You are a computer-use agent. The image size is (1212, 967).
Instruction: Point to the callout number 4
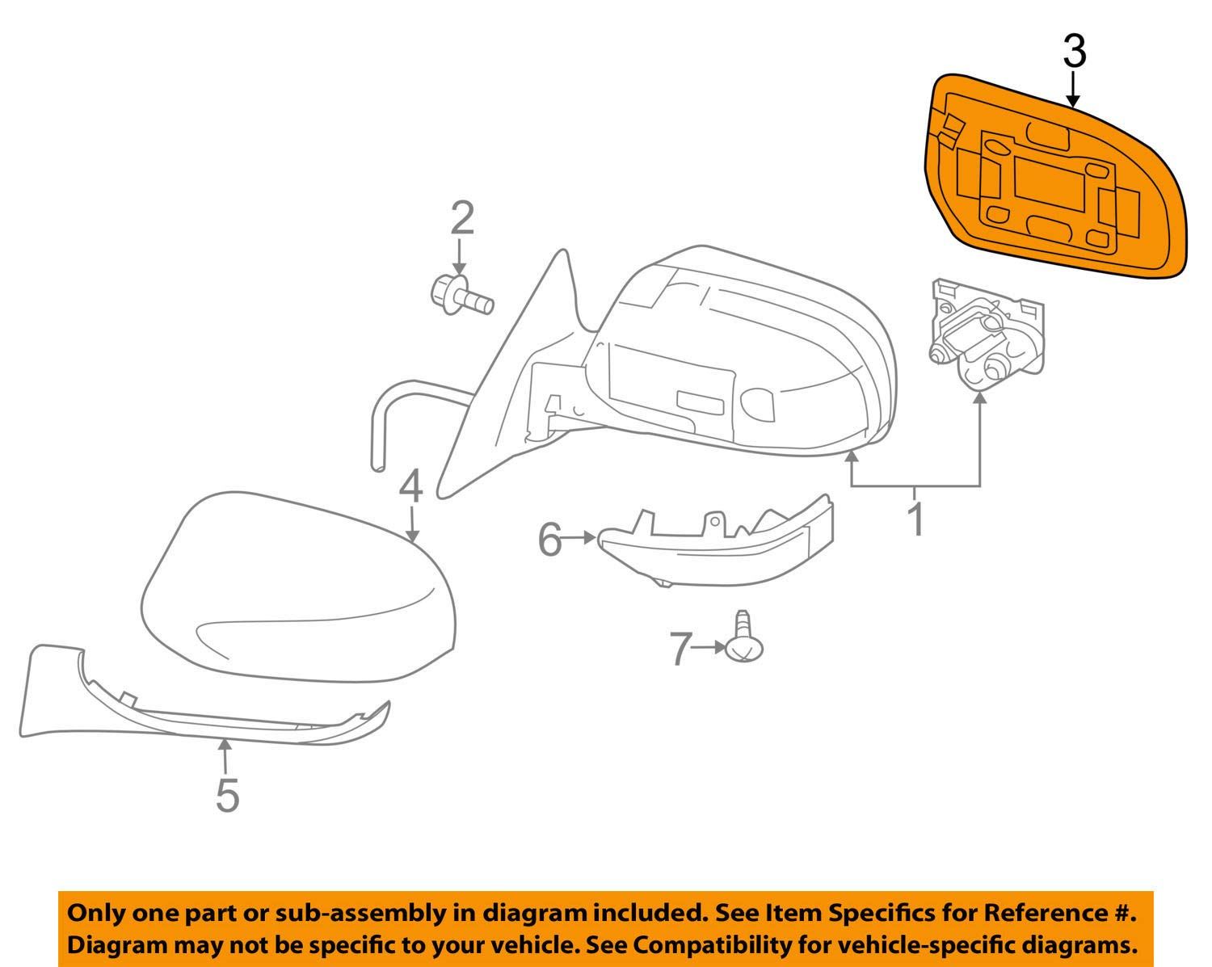(410, 487)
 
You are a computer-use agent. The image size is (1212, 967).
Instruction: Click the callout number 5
(227, 795)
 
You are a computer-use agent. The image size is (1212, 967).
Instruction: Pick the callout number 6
(549, 539)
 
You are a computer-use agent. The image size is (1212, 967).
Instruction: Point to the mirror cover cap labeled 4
(299, 590)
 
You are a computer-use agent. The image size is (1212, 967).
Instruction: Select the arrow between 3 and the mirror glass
(1073, 89)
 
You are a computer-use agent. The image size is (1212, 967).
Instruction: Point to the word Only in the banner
(92, 913)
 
